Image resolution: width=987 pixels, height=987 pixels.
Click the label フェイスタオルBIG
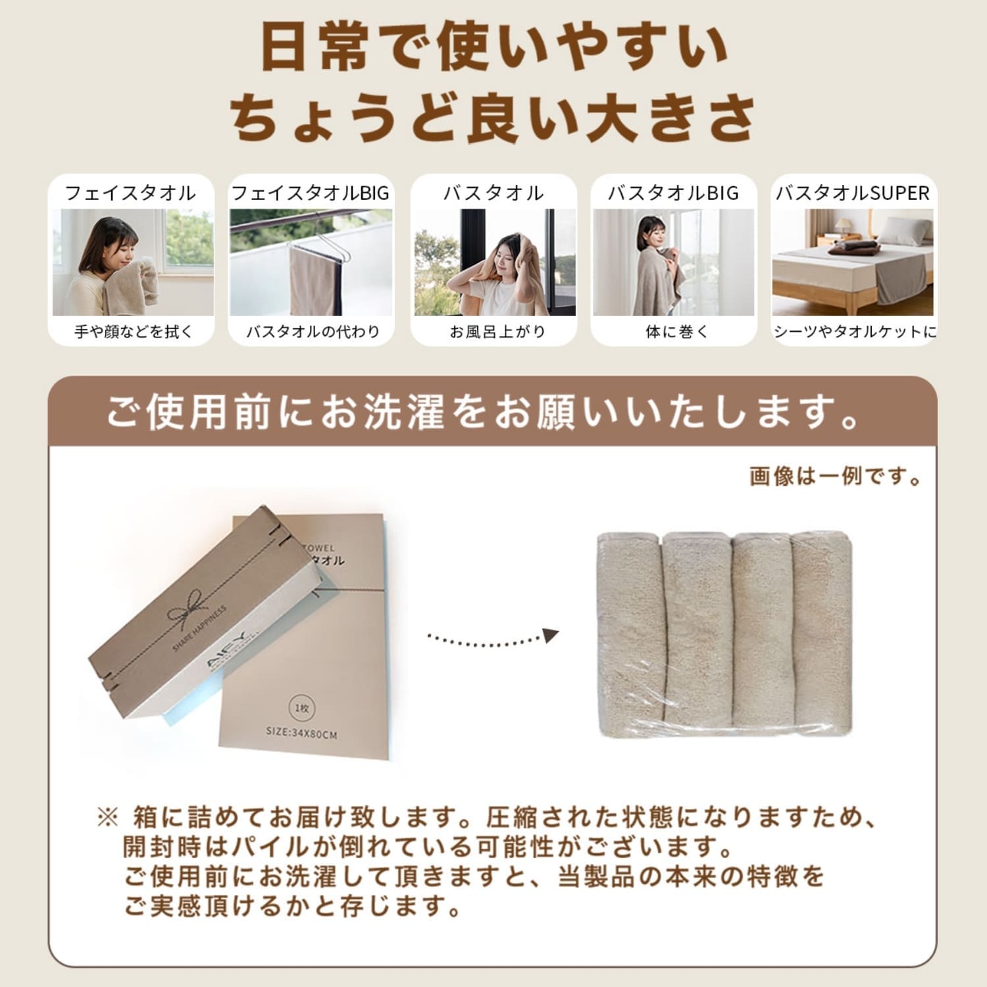(x=311, y=193)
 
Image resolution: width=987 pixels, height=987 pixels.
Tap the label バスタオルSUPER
(x=853, y=193)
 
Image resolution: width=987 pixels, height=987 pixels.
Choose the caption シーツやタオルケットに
(x=854, y=332)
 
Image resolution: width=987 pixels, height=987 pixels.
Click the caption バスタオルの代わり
(x=313, y=332)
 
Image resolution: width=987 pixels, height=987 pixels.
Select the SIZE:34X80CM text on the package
(x=301, y=732)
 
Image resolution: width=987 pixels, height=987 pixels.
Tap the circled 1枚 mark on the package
(x=301, y=708)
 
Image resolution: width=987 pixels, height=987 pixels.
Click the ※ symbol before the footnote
(x=107, y=818)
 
